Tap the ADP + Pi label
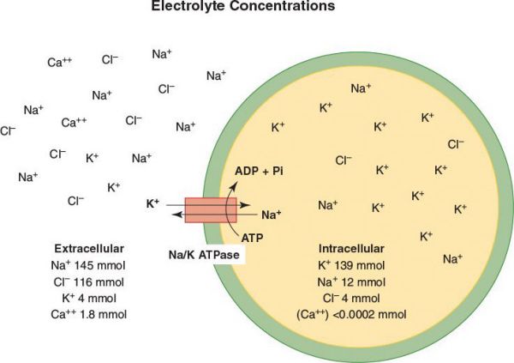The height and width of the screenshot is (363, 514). pos(259,172)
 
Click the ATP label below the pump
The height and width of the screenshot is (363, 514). pos(252,235)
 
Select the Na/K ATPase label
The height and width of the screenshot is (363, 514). pos(203,254)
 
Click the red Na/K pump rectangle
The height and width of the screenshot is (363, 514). pos(209,211)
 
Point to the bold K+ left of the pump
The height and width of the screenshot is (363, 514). pos(153,203)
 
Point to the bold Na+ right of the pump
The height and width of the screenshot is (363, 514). pos(272,215)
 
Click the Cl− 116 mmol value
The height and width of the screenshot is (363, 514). pos(89,281)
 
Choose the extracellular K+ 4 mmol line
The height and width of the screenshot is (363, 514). pos(89,298)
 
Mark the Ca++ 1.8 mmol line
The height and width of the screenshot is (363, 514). pos(89,314)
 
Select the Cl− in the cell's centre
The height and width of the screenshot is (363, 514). pos(344,160)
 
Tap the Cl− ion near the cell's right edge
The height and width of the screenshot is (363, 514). pos(456,144)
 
